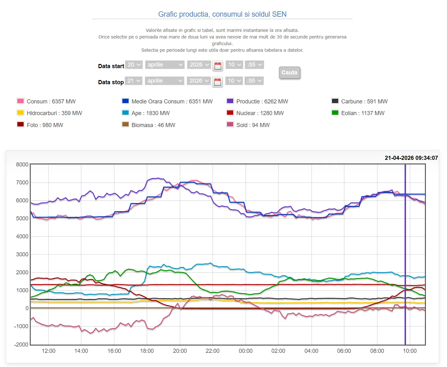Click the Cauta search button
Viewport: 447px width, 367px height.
(289, 73)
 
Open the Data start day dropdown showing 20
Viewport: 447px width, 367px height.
(134, 65)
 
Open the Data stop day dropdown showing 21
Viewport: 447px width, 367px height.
(134, 81)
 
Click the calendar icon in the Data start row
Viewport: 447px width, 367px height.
(218, 66)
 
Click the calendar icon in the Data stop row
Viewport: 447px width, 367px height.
(217, 82)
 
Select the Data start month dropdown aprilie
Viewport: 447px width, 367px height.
(165, 65)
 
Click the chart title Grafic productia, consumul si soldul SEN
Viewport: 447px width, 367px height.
(222, 14)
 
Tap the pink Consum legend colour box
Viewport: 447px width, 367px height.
(20, 101)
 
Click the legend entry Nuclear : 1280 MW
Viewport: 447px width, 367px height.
(260, 113)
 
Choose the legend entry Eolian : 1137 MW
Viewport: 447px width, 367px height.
(363, 113)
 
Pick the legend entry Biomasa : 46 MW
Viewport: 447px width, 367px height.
(153, 125)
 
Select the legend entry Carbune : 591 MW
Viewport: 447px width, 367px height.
(364, 102)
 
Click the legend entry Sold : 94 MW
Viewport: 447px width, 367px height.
(253, 125)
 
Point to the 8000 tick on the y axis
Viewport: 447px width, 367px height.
(22, 165)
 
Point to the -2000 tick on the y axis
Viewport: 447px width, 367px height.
(21, 345)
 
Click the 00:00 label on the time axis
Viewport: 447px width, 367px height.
(246, 351)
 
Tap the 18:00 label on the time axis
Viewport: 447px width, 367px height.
(147, 351)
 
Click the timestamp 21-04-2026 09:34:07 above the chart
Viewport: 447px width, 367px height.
(411, 158)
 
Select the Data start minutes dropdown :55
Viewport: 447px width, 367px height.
(255, 65)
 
